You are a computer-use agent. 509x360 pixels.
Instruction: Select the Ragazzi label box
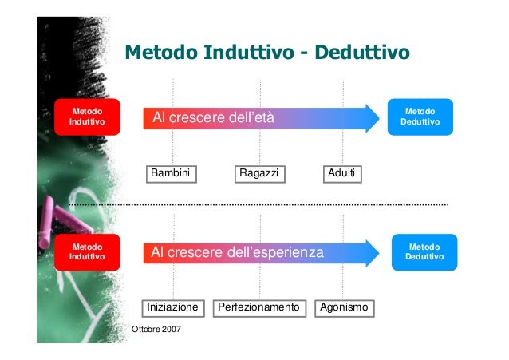tap(259, 174)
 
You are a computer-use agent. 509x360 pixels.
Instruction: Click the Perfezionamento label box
tap(259, 307)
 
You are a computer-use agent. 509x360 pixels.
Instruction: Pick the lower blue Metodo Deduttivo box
tap(425, 252)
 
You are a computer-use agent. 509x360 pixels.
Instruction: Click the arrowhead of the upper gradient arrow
tap(371, 117)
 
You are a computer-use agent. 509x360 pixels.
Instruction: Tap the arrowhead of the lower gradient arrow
tap(371, 252)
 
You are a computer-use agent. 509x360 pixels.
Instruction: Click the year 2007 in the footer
tap(170, 330)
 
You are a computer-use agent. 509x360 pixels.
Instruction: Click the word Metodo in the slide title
tap(160, 53)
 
